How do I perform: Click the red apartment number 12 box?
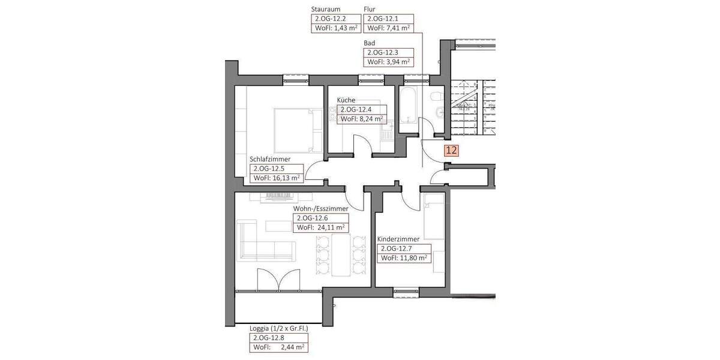pos(451,151)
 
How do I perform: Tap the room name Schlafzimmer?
pos(270,160)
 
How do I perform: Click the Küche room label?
pos(346,100)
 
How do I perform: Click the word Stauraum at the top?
pos(326,10)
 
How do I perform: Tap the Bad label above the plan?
pos(370,43)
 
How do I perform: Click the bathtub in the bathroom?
pos(409,108)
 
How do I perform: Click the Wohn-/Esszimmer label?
pos(320,209)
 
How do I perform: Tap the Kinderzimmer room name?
pos(398,239)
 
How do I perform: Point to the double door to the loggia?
pos(278,281)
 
